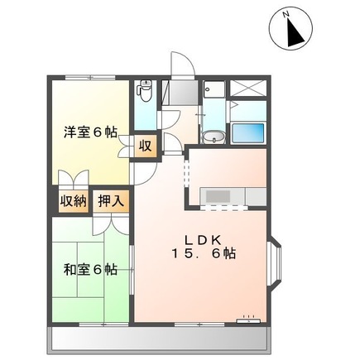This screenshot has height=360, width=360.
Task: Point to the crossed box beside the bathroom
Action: pyautogui.click(x=249, y=90)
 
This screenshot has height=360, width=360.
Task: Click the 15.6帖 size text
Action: pyautogui.click(x=204, y=254)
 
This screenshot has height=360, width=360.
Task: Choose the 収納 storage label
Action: pyautogui.click(x=73, y=201)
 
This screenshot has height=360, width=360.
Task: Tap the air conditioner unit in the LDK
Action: pyautogui.click(x=247, y=317)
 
